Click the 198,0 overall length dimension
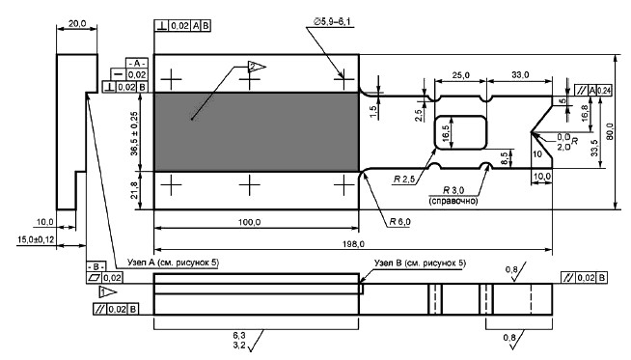pos(353,244)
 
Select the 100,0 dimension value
pos(250,222)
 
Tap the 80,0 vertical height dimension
pos(610,131)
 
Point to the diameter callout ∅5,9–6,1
pos(333,22)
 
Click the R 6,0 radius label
pos(399,221)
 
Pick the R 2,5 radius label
pos(403,180)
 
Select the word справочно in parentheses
pos(453,200)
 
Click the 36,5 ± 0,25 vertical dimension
pos(134,133)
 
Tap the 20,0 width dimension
pos(77,23)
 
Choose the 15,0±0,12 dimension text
pos(36,239)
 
